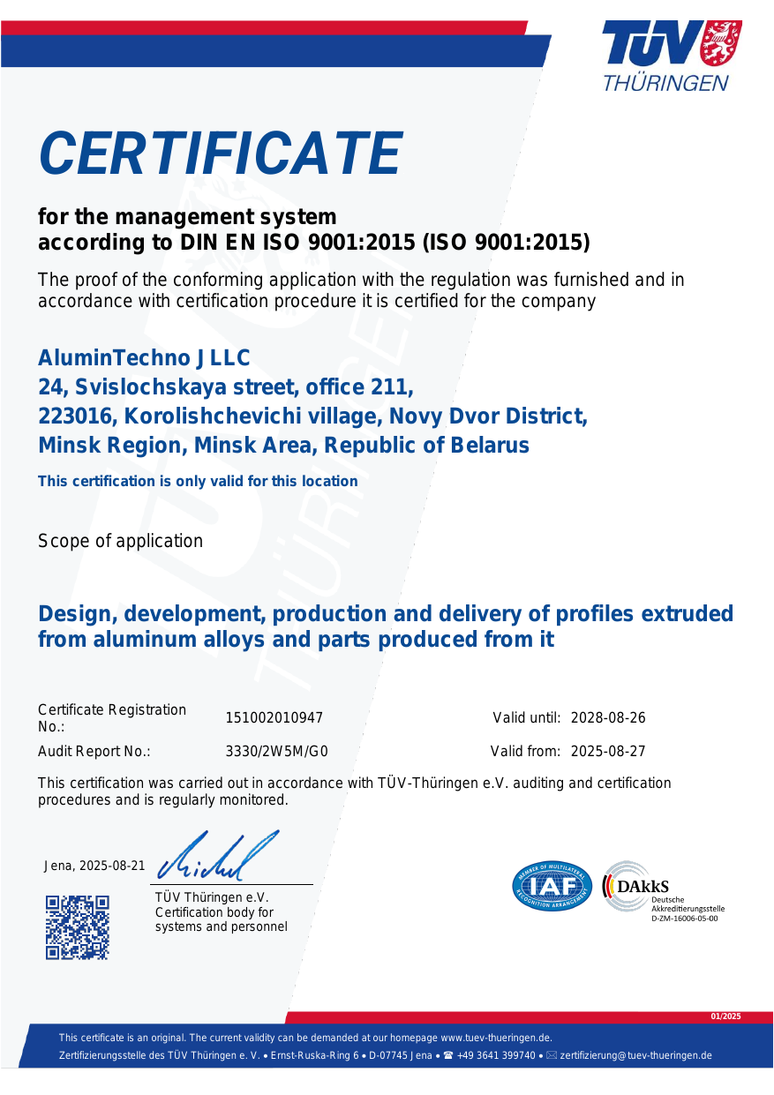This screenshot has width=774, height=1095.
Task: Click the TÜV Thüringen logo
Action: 671,56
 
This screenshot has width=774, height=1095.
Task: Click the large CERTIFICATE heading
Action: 221,154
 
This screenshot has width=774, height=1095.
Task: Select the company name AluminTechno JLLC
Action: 144,358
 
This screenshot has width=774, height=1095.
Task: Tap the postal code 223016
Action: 78,416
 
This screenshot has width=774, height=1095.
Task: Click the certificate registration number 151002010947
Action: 274,718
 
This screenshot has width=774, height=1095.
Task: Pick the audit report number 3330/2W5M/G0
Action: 277,752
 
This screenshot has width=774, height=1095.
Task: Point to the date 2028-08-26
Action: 608,718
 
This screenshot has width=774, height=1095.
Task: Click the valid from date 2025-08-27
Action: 608,752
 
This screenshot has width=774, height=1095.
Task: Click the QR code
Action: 78,926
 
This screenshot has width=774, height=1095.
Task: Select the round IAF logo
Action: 552,886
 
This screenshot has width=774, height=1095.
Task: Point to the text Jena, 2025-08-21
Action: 94,866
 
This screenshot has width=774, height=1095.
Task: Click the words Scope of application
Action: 120,541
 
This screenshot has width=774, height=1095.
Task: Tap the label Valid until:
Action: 527,718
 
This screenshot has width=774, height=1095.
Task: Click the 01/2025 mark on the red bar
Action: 726,1017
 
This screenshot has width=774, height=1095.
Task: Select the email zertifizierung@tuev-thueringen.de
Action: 635,1055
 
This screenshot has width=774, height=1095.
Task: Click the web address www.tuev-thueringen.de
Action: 496,1038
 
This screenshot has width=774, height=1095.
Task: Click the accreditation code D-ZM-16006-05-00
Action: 684,919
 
